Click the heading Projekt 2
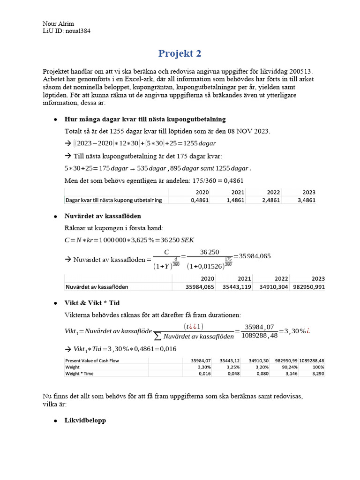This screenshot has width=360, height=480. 180,53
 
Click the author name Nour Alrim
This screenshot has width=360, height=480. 58,24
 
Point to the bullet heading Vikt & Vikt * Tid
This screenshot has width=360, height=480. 92,303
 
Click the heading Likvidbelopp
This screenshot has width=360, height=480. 85,420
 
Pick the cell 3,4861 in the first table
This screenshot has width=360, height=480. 306,200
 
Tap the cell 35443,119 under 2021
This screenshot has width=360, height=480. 236,286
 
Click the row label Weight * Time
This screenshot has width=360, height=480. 81,374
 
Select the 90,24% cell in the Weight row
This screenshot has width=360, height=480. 287,367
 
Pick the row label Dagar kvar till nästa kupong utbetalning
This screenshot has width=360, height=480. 113,200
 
